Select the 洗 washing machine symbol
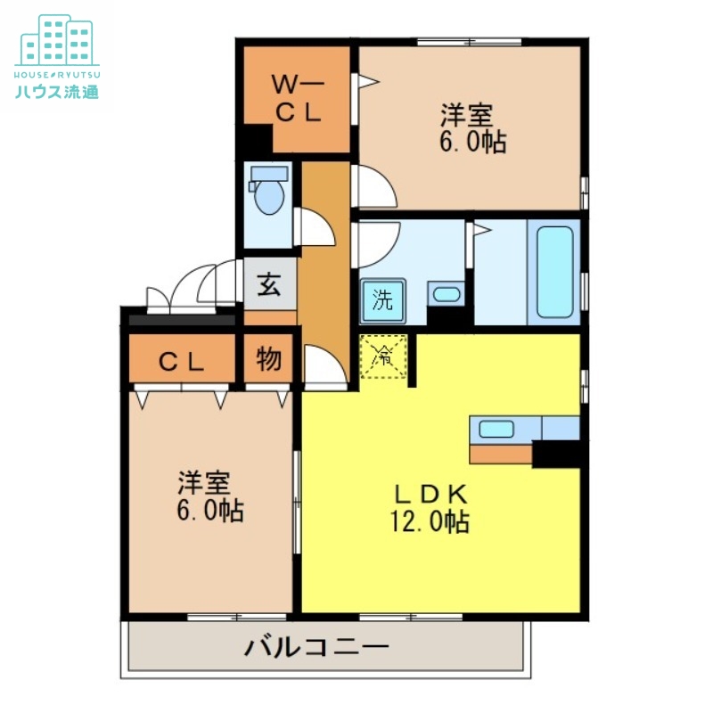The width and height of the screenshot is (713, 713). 382,300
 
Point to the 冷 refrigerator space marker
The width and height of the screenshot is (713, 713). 383,356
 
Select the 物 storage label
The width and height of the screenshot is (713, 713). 269,360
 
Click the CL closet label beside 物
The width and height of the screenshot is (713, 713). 183,361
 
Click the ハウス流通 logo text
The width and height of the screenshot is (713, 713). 58,91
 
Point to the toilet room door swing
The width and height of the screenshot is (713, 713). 315,226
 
